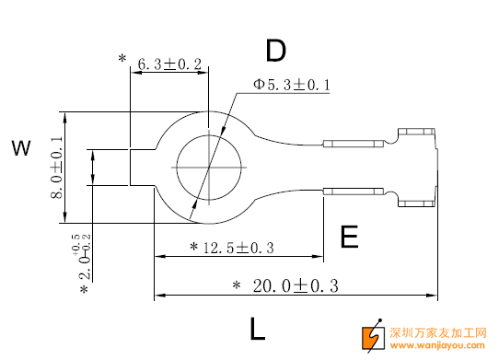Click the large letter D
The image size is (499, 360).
tap(276, 51)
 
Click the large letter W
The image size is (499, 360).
tap(21, 147)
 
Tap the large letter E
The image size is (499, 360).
tap(349, 237)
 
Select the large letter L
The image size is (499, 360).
tap(257, 329)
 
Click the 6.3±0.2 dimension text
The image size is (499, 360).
tap(169, 64)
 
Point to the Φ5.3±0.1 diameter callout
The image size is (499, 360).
tap(292, 85)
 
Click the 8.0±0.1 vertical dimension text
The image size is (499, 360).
tap(57, 168)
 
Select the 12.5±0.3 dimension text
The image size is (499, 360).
tap(238, 248)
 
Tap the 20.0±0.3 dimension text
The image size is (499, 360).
tap(296, 285)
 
